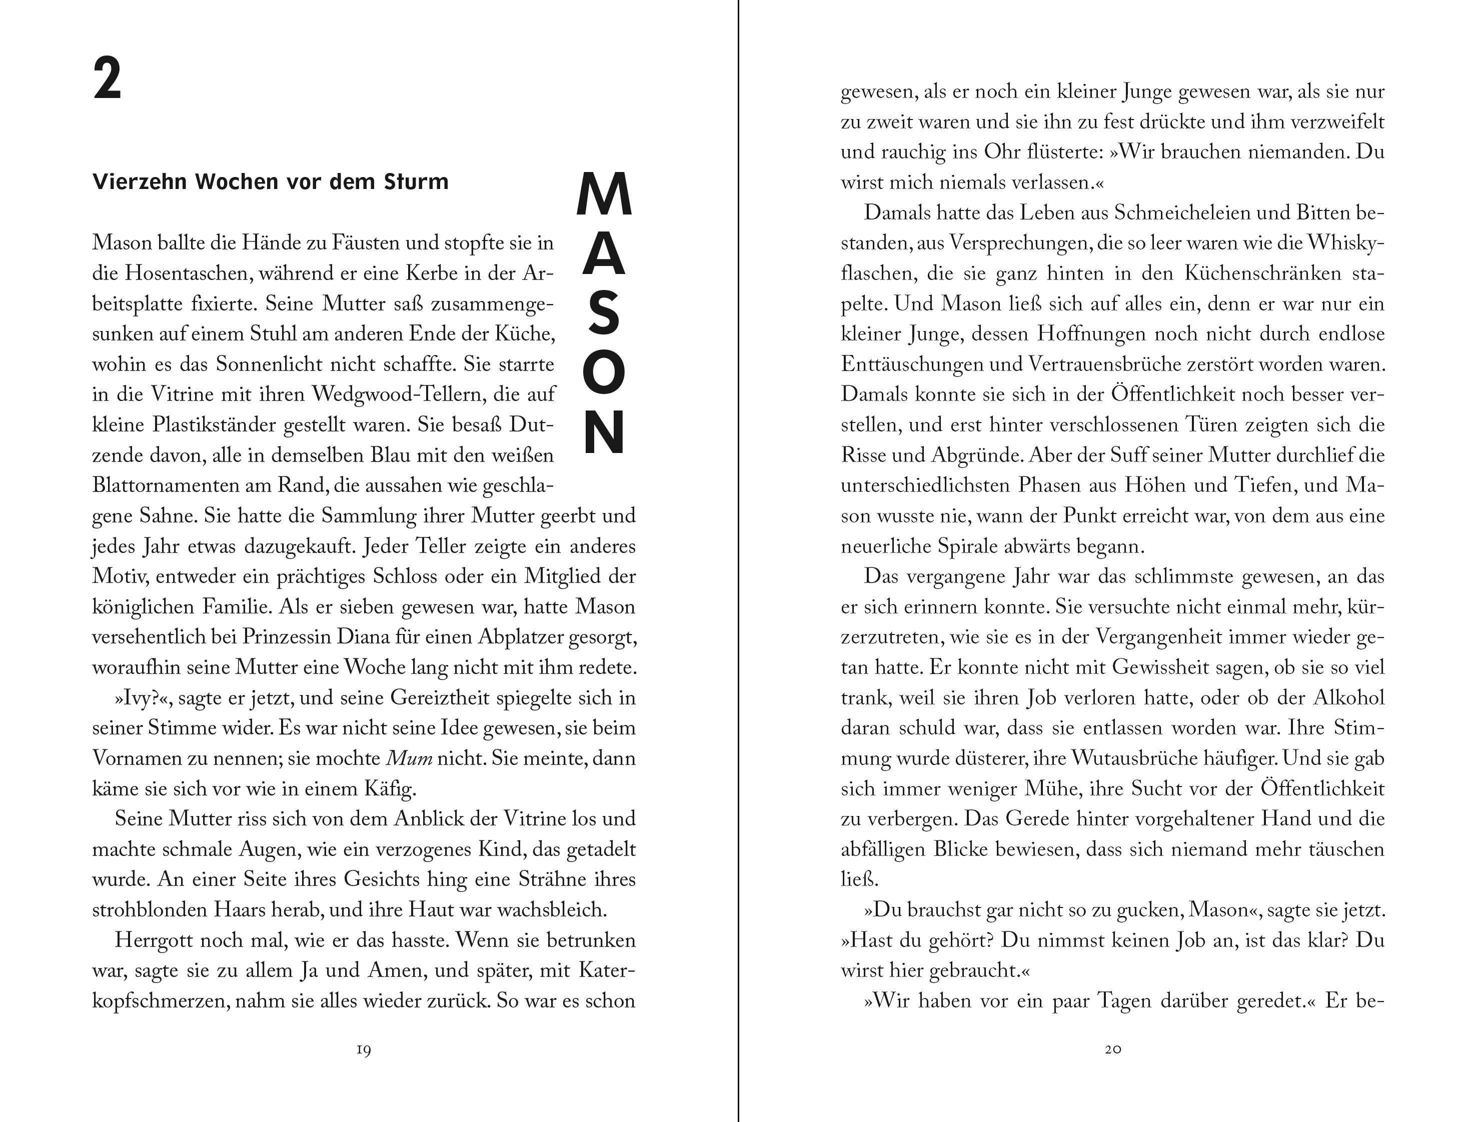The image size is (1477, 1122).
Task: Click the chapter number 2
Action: [x=108, y=79]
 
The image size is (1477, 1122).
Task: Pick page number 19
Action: [x=364, y=1049]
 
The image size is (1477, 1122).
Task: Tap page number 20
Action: [x=1112, y=1049]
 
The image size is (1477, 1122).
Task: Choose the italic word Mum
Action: [x=410, y=758]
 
